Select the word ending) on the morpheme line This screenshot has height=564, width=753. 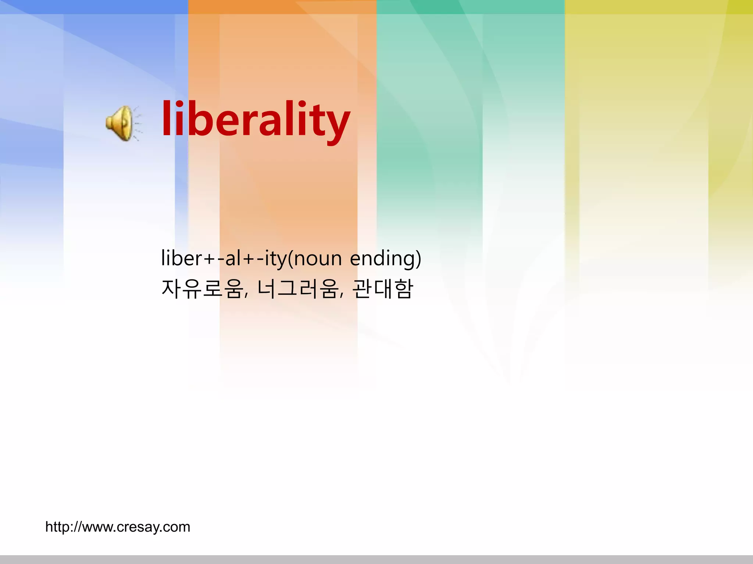(x=385, y=259)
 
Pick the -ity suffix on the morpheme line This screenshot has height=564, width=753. (x=272, y=259)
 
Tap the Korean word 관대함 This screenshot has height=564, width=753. (x=383, y=289)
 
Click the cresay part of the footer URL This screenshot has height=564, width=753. (x=138, y=527)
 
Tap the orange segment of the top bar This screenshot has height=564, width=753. (x=282, y=7)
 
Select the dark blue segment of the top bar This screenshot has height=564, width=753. (x=94, y=7)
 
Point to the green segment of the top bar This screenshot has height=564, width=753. (x=470, y=7)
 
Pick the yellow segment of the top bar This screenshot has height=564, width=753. (x=659, y=7)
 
